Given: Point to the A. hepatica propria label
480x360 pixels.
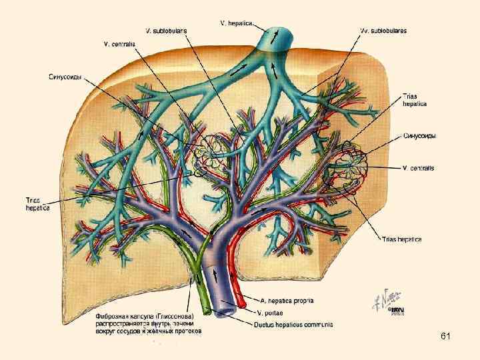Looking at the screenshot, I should point(288,301).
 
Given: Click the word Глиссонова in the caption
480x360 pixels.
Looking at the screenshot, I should point(174,314).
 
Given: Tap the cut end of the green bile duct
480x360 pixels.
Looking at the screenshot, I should point(209,311).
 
